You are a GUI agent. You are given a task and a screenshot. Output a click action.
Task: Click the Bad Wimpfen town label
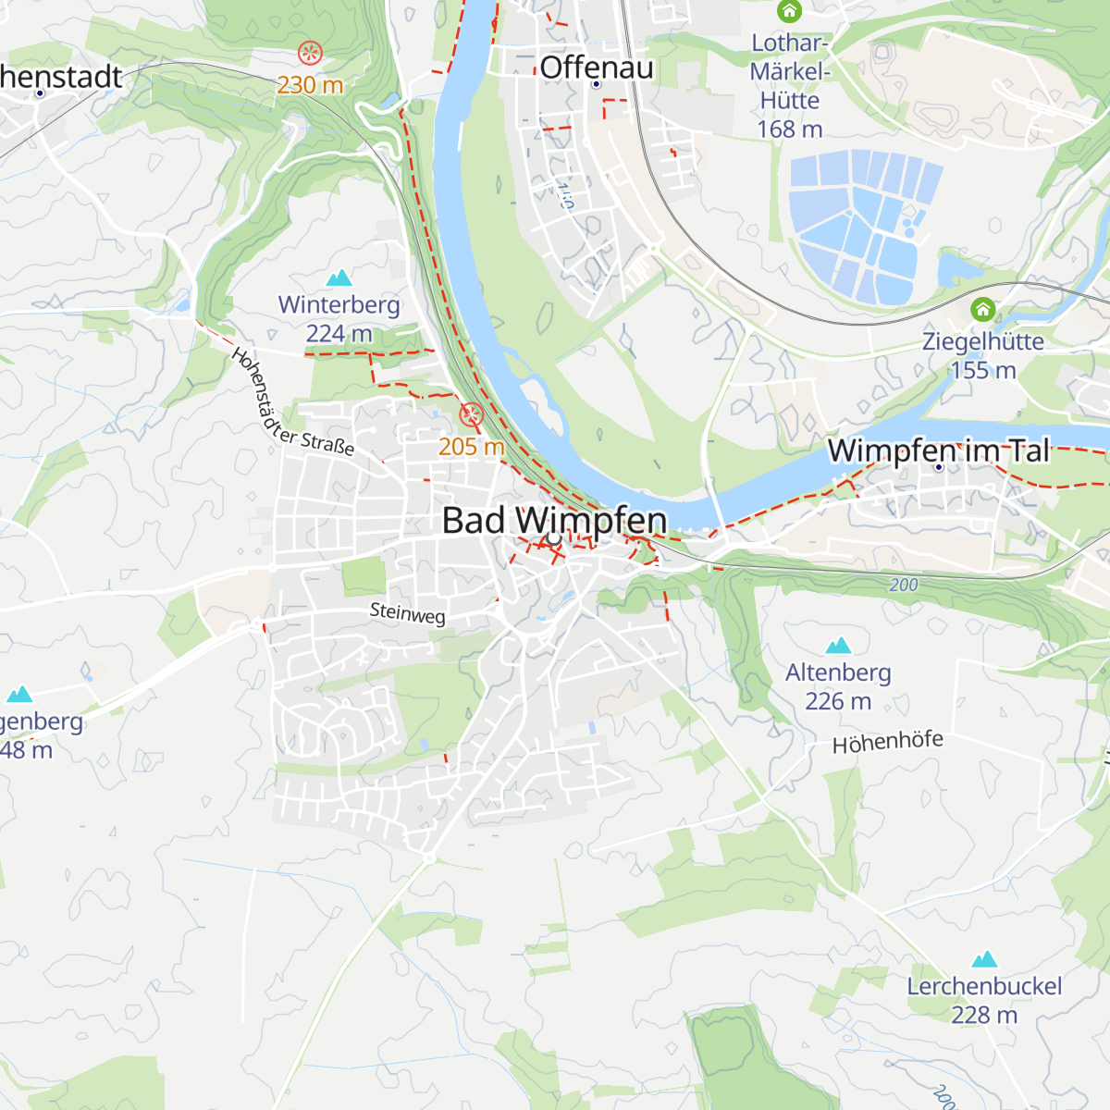554,521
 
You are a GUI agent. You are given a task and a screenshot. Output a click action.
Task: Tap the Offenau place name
597,68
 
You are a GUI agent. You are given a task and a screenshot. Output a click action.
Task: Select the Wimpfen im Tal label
939,450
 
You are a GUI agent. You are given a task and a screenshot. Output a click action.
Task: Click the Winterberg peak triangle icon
339,277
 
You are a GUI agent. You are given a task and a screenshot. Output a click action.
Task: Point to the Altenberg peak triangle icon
838,646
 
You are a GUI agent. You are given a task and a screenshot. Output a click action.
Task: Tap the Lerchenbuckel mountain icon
984,959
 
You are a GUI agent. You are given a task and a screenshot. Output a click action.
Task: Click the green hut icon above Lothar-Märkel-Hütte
789,12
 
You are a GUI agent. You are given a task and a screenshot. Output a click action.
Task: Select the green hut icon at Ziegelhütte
983,310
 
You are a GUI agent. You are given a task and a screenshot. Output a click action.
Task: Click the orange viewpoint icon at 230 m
310,53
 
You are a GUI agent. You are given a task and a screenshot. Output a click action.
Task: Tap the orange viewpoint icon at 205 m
472,414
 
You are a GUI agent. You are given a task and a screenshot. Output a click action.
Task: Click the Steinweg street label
407,613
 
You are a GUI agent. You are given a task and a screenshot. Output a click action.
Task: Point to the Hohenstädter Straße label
291,403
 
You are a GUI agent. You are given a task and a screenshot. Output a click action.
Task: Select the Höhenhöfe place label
887,742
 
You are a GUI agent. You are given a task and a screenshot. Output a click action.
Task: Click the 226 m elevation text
838,702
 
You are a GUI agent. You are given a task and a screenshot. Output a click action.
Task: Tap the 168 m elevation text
789,129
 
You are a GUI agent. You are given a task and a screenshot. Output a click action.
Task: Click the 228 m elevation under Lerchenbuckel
984,1015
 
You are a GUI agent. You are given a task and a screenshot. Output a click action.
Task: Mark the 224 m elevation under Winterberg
339,334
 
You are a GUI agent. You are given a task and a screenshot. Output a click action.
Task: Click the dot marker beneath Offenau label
596,84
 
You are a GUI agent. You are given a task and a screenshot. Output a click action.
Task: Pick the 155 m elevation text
983,371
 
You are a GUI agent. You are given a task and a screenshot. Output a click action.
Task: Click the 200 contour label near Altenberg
904,586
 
